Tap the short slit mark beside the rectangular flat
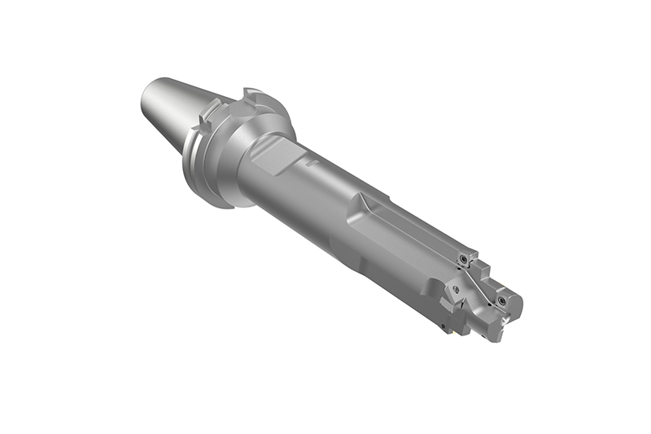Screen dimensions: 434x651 pyautogui.click(x=309, y=162)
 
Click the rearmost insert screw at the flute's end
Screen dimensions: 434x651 pyautogui.click(x=463, y=259)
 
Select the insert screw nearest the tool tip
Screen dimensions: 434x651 pyautogui.click(x=501, y=300)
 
